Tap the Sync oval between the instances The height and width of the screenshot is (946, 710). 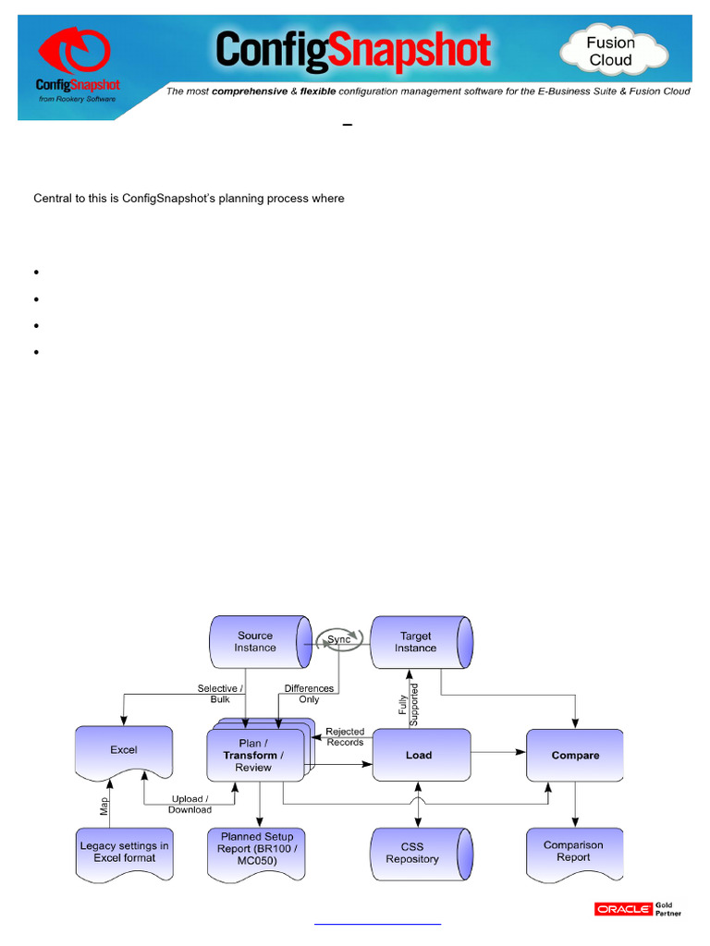pos(340,640)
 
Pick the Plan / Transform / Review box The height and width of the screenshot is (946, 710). pos(254,755)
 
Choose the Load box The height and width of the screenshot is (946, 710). pos(419,755)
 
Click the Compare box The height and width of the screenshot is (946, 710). pos(575,755)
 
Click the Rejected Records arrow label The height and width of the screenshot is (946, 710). pos(345,736)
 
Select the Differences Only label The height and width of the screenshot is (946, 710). pos(309,694)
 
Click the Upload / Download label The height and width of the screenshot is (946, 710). pos(190,804)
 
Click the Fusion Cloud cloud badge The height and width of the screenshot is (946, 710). pos(611,52)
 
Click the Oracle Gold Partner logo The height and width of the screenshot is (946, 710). pos(638,910)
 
